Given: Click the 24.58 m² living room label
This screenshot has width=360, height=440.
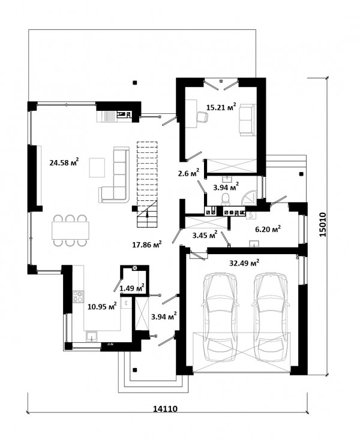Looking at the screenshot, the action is (64, 162).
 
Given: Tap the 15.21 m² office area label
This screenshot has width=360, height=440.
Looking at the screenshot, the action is (221, 107).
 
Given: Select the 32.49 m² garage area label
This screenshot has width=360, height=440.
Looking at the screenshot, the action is (244, 263).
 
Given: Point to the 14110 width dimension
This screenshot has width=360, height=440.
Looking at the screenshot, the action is (165, 409).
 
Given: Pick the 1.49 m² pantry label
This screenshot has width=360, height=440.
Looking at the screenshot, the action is (132, 287).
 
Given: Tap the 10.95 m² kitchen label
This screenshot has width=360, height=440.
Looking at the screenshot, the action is (102, 306).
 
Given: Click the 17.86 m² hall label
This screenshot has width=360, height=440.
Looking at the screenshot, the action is (147, 245).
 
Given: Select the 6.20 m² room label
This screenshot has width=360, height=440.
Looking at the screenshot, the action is (268, 229).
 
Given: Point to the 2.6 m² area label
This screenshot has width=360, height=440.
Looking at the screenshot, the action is (188, 173).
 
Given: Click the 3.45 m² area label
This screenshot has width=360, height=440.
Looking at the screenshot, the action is (205, 235).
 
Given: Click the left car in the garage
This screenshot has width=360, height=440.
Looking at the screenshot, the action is (220, 317).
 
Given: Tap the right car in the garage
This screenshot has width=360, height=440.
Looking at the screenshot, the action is (270, 317).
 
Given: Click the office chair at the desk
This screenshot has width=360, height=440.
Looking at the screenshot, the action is (202, 116).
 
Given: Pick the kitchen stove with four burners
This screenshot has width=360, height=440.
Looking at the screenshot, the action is (79, 296).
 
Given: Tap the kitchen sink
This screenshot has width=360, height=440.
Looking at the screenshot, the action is (92, 336).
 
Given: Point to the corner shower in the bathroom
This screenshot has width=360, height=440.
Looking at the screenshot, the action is (250, 197).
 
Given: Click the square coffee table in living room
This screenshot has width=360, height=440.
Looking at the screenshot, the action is (97, 167).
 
